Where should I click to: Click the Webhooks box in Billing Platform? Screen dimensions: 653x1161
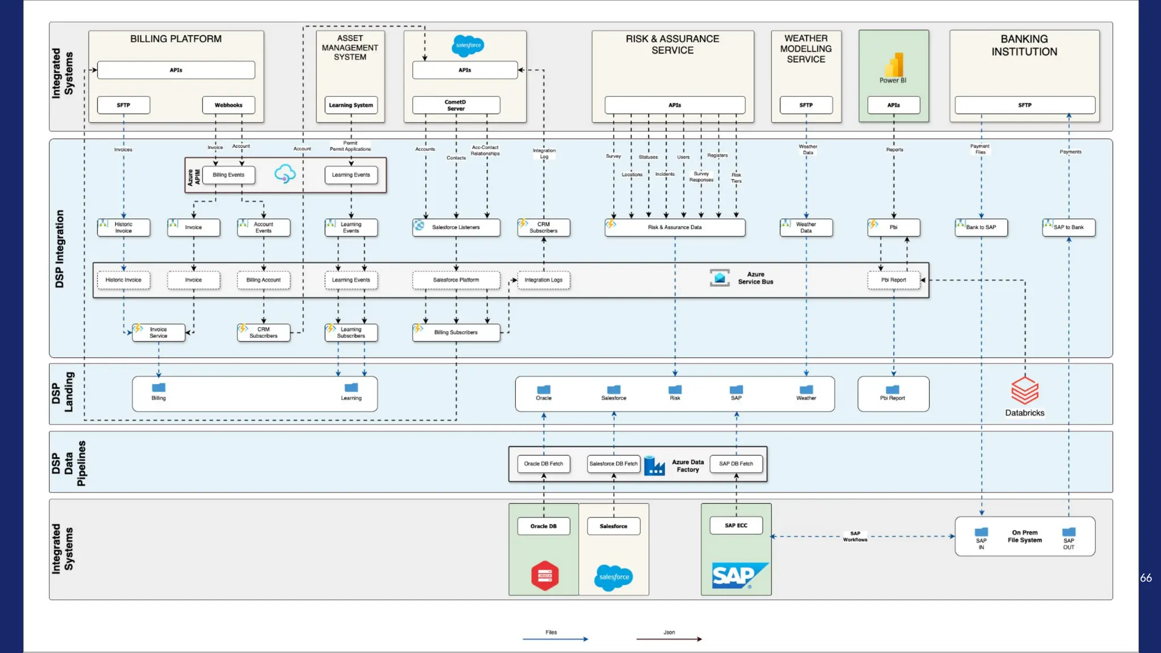coord(228,105)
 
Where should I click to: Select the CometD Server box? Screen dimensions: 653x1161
coord(456,105)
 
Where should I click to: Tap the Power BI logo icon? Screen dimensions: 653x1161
coord(893,65)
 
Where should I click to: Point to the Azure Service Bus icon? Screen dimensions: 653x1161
coord(719,278)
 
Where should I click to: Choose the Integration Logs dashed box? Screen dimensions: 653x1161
coord(543,280)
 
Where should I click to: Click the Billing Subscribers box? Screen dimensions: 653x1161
coord(456,333)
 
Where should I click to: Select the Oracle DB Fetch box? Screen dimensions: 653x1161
coord(543,464)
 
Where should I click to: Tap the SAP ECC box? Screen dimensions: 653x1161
coord(736,525)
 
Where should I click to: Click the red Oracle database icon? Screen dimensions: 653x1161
coord(545,576)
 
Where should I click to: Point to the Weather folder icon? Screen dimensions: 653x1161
coord(806,389)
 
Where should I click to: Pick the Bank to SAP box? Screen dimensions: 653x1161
coord(981,227)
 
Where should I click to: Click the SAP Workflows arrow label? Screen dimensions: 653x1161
coord(855,536)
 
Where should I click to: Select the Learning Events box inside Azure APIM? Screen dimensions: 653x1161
coord(351,175)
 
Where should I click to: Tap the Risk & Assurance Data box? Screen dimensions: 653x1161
coord(675,227)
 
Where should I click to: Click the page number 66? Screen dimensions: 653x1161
coord(1146,578)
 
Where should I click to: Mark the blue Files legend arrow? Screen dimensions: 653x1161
coord(555,639)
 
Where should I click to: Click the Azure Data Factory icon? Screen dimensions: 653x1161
coord(654,465)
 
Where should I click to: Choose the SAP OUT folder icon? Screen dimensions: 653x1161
coord(1069,532)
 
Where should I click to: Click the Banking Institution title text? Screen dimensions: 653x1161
coord(1024,45)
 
